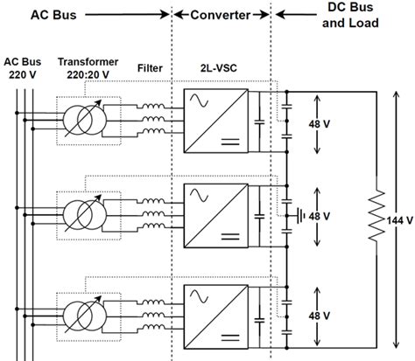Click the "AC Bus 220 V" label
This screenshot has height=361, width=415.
23,67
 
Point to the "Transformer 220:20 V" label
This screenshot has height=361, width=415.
88,67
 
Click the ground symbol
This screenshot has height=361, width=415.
300,213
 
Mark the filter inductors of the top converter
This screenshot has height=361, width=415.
153,115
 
